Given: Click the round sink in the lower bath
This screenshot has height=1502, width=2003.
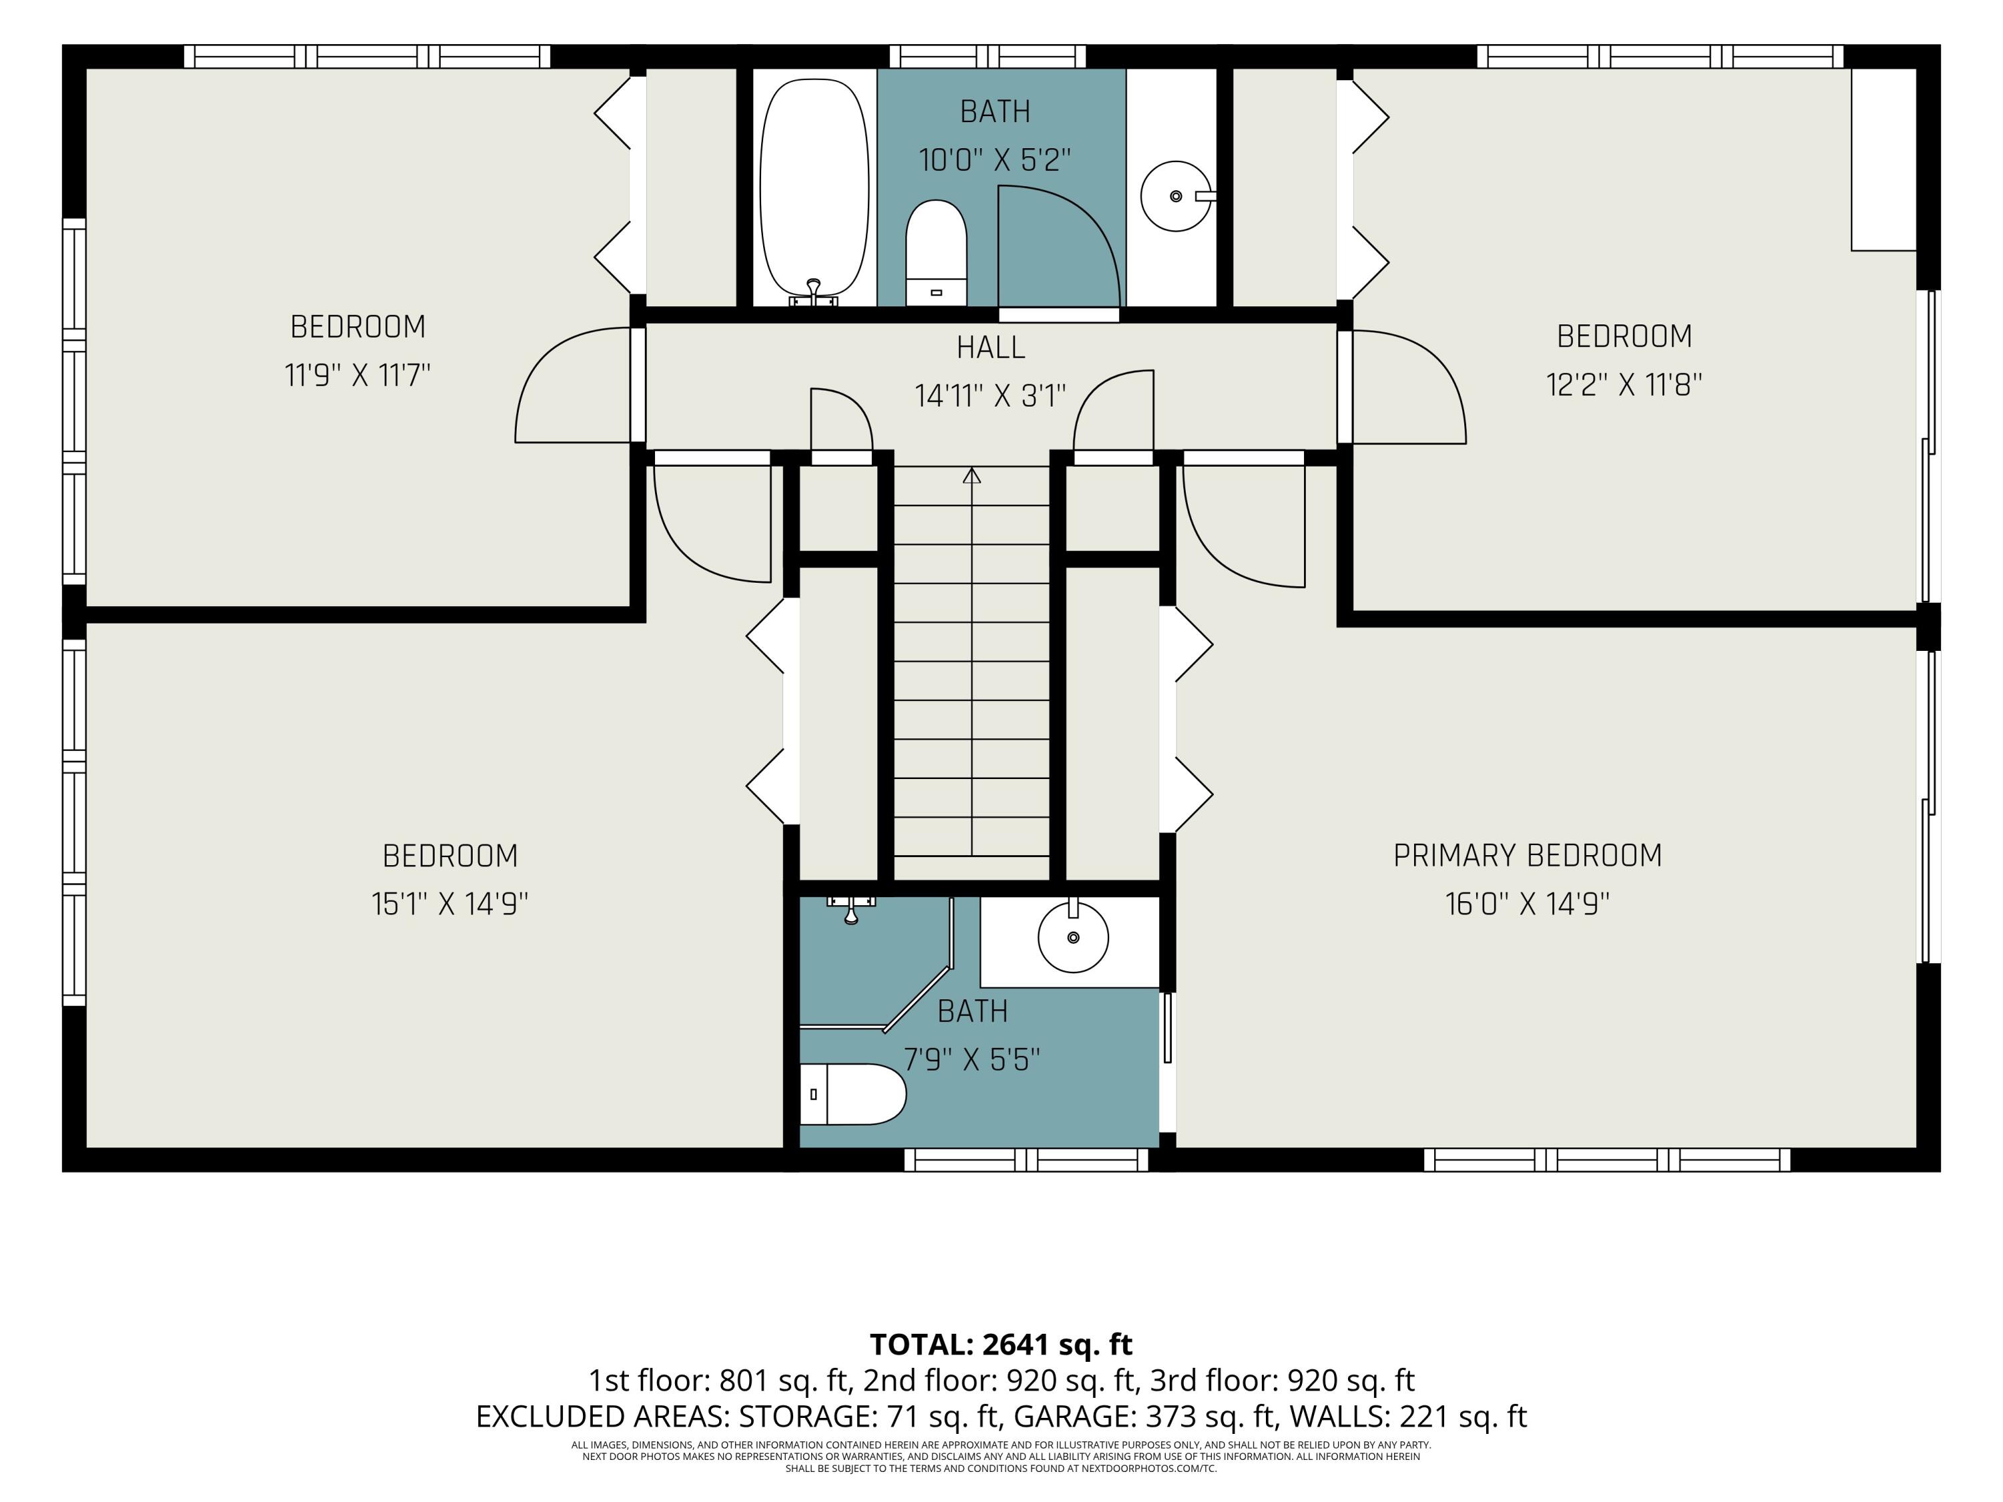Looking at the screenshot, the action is coord(1073,936).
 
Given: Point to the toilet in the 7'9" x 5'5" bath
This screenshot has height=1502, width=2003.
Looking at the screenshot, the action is coord(852,1093).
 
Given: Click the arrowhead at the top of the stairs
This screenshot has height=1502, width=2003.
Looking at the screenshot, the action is coord(971,475).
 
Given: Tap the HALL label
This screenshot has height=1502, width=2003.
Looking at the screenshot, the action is coord(991,348).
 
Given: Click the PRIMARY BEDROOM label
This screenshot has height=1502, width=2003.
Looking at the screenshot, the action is coord(1527,856).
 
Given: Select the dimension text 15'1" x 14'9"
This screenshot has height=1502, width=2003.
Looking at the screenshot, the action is coord(450,904).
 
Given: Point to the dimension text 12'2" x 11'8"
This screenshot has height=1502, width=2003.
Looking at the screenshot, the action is coord(1624,385).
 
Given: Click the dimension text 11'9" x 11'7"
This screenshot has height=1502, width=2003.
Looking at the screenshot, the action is coord(358,374).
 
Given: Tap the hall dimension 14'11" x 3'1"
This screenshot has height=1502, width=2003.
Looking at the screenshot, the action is coord(991,396).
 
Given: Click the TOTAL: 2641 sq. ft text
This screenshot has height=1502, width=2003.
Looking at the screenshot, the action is coord(1001,1344).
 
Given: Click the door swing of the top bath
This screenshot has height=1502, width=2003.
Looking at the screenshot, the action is coord(1060,246).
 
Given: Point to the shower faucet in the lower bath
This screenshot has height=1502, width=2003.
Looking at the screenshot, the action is coord(851,910).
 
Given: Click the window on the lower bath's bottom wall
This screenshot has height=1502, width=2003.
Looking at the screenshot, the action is coord(1026,1160).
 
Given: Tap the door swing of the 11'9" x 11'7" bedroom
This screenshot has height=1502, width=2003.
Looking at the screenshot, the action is coord(572,385).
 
